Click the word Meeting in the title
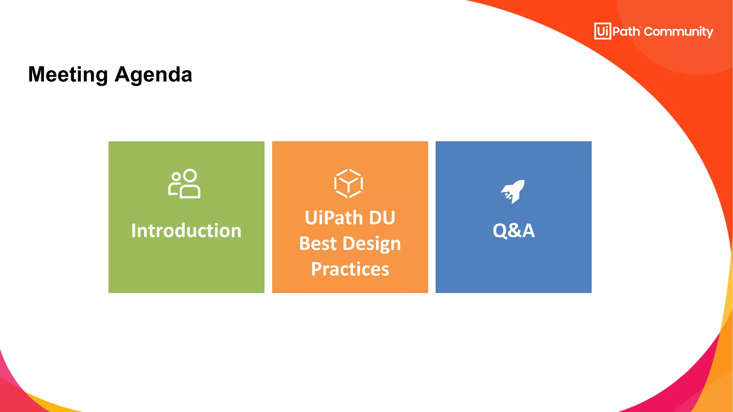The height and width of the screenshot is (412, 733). pos(68,74)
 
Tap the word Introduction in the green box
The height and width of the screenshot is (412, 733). pos(186,230)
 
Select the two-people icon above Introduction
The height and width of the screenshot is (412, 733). pos(184,183)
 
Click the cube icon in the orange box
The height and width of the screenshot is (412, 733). pos(349,183)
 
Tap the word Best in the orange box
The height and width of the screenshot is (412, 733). pos(318,244)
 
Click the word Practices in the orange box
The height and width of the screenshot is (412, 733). pos(350,269)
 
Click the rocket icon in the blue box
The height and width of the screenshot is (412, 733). pos(513,191)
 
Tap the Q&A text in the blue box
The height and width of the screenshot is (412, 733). pos(514,230)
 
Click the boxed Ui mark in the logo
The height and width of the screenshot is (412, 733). pos(603,31)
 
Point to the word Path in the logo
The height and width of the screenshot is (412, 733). pos(626,31)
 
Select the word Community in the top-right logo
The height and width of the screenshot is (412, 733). pos(678,32)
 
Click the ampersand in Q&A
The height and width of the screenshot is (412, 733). pos(514,231)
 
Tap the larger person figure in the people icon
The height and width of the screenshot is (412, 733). pos(190,186)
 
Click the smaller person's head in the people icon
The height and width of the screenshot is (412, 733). pos(176,177)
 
